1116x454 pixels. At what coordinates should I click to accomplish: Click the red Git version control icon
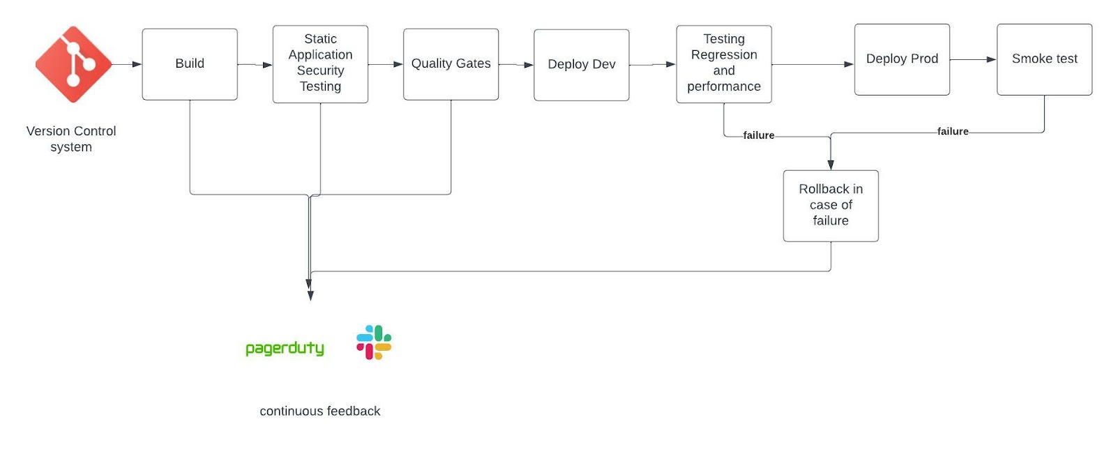73,64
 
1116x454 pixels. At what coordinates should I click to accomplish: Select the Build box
190,64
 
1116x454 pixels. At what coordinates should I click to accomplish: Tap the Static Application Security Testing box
320,64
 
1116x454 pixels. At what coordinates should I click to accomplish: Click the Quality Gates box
451,64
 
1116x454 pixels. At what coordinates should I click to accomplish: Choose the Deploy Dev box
581,65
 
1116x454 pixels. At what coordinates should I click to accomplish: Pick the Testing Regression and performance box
723,64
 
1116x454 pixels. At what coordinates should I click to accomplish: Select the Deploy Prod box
902,59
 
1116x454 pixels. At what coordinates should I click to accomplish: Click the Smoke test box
1044,59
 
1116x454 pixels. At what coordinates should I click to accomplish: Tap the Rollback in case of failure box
830,206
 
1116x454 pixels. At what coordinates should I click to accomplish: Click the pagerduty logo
285,348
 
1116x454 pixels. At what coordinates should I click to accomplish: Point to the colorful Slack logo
374,342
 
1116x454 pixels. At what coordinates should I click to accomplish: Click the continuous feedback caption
319,411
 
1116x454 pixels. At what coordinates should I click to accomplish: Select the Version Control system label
71,139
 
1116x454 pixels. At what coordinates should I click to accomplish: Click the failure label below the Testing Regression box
758,135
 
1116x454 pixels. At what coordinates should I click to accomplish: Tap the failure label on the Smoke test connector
952,131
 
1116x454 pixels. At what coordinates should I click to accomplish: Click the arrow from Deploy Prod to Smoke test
972,59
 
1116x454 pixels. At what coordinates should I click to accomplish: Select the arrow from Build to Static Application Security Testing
255,65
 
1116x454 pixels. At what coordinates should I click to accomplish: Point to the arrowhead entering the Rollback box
830,165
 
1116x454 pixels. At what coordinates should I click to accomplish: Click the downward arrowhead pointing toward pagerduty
310,295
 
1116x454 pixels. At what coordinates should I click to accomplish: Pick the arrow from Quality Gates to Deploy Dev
516,65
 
